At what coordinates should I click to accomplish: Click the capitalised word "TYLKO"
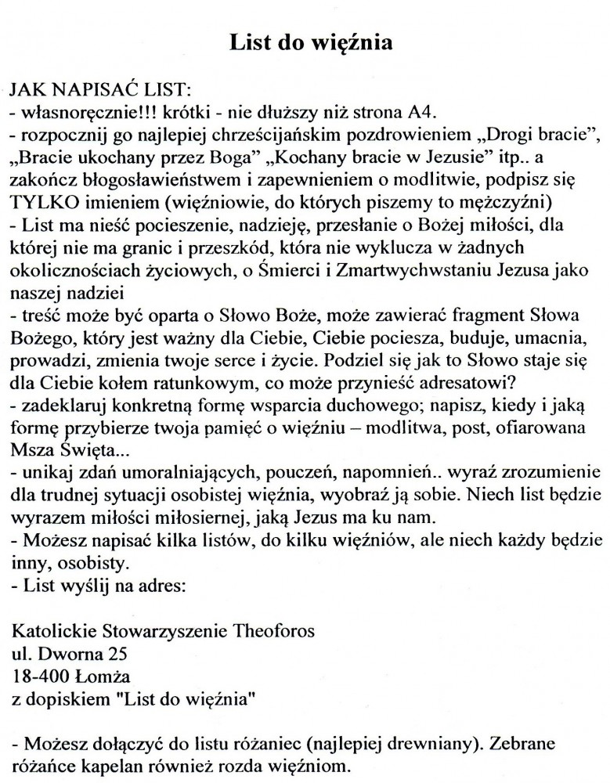pos(40,197)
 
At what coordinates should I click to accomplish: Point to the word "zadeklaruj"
pos(56,409)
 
